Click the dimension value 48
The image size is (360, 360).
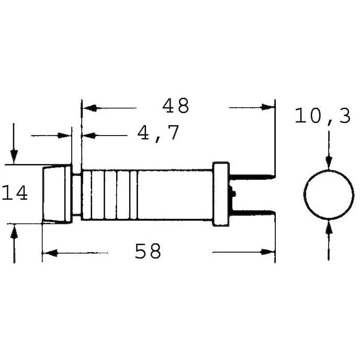click(x=175, y=106)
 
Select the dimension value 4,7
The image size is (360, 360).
click(x=159, y=133)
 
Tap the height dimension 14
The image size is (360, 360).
click(x=15, y=193)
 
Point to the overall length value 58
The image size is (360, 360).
click(x=148, y=252)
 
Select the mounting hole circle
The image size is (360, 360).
click(x=328, y=194)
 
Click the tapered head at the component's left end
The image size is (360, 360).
click(x=57, y=194)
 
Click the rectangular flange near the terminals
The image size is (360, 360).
click(x=221, y=194)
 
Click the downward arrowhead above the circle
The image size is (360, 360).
click(x=328, y=162)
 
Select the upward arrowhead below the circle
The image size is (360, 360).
click(x=328, y=226)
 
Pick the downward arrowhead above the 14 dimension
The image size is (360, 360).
click(x=14, y=156)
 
